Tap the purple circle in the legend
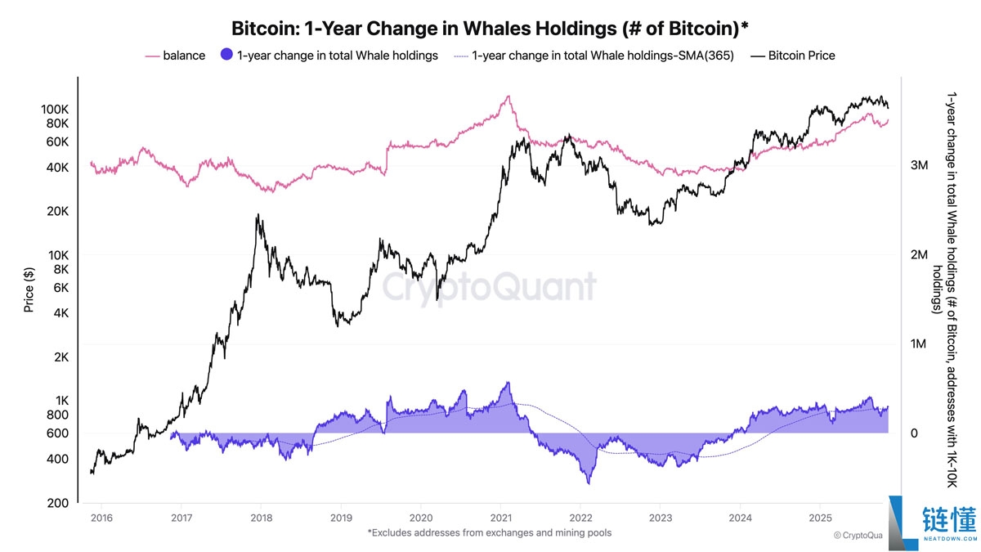pyautogui.click(x=227, y=56)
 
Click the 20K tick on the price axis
pyautogui.click(x=57, y=212)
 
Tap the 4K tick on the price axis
pyautogui.click(x=59, y=313)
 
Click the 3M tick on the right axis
pyautogui.click(x=919, y=166)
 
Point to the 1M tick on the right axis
pyautogui.click(x=919, y=344)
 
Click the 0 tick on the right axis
pyautogui.click(x=915, y=433)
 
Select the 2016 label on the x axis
pyautogui.click(x=101, y=518)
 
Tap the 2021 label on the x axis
pyautogui.click(x=500, y=518)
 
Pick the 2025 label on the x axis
pyautogui.click(x=820, y=518)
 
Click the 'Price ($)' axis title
pyautogui.click(x=29, y=290)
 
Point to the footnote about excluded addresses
pyautogui.click(x=490, y=532)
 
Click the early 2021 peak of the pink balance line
pyautogui.click(x=508, y=96)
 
